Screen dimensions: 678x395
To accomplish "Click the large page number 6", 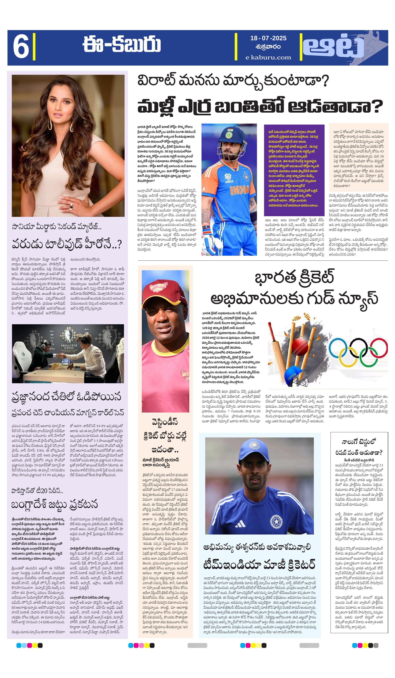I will pos(21,48).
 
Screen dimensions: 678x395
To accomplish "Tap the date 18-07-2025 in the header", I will pos(268,38).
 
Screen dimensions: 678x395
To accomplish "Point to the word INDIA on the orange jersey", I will pos(239,190).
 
